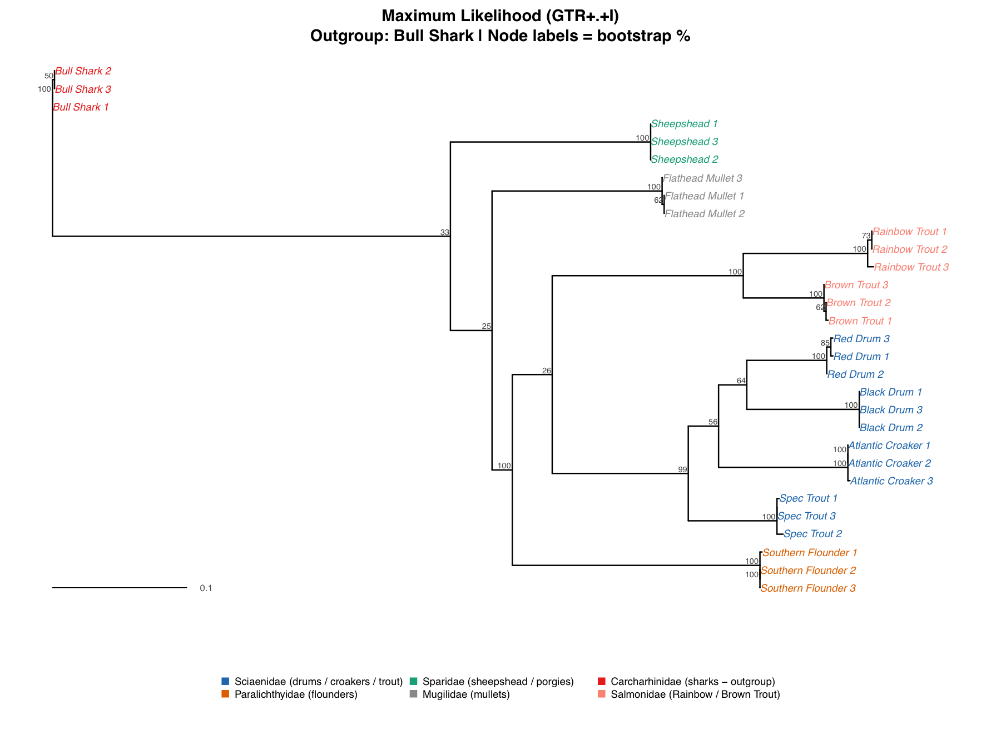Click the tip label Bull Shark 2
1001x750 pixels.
point(83,71)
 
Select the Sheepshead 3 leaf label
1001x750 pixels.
point(685,142)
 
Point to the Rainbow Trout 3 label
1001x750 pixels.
point(911,267)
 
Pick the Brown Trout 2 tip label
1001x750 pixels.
point(858,303)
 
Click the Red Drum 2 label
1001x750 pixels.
point(855,374)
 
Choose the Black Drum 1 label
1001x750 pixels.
point(890,392)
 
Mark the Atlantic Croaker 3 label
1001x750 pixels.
point(891,481)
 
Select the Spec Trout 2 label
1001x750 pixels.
point(812,534)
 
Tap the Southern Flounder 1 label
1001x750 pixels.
point(809,553)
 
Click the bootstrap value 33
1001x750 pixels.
point(444,232)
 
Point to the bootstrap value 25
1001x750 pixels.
point(486,326)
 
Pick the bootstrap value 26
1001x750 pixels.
point(546,371)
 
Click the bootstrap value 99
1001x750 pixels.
point(682,469)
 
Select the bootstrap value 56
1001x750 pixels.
point(713,422)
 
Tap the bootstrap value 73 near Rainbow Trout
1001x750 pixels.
point(865,236)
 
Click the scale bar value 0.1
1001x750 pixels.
point(206,588)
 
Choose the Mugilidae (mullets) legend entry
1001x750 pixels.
point(465,694)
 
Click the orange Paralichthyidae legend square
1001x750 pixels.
point(225,694)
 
